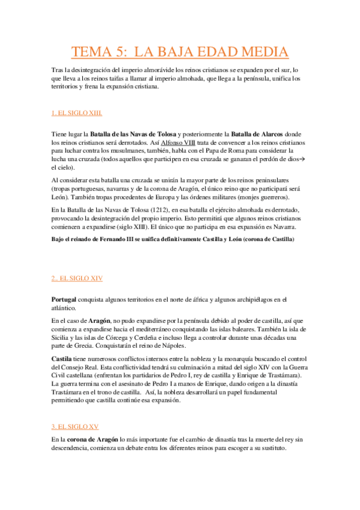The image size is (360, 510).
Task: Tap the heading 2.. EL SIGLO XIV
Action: coord(77,278)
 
